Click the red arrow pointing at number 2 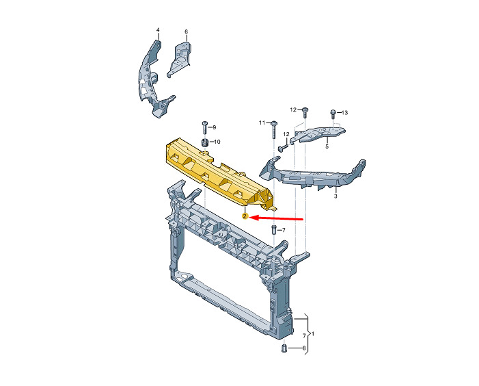pos(277,218)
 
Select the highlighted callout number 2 pos(245,216)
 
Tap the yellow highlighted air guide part pos(220,175)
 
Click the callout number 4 pos(158,29)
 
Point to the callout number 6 pos(187,31)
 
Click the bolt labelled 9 pos(205,127)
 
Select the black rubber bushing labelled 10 pos(205,143)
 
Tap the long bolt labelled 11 pos(274,129)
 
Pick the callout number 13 pos(344,113)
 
